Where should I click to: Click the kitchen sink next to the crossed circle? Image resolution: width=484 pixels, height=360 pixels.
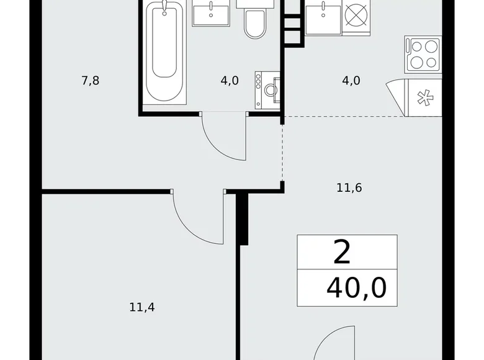click(323, 16)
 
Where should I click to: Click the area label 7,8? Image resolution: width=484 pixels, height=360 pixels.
click(90, 81)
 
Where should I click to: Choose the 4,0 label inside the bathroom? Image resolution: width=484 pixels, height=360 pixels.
click(230, 81)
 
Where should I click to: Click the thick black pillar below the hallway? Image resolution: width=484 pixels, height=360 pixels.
click(244, 217)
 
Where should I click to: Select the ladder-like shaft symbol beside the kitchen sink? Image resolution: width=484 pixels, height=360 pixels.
click(291, 25)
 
